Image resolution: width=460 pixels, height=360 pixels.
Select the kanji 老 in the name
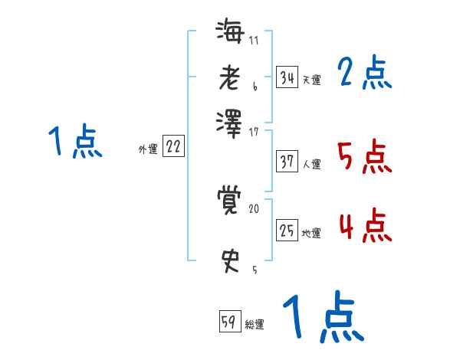pos(229,77)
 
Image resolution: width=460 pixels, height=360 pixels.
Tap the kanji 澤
pos(229,122)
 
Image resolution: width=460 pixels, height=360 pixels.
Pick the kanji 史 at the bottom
pos(229,260)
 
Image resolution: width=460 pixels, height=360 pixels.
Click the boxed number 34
pos(287,77)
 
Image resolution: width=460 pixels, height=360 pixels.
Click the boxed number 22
pos(173,147)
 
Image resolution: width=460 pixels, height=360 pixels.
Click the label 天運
pos(311,80)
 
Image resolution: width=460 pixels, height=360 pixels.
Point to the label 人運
pos(311,163)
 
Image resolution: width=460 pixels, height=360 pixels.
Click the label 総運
pos(255,324)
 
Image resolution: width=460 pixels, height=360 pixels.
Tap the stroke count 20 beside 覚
pos(254,208)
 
